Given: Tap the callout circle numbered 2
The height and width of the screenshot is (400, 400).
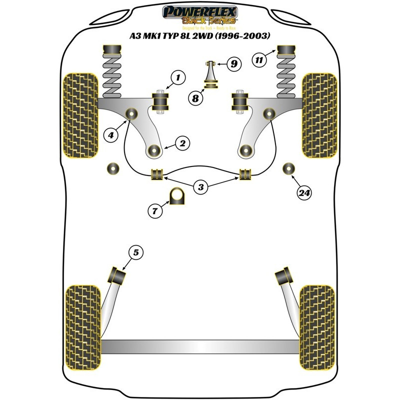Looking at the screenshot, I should (x=182, y=143).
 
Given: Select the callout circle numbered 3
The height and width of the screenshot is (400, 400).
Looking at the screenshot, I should (x=200, y=187).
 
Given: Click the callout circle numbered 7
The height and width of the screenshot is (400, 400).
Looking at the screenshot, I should (x=155, y=211).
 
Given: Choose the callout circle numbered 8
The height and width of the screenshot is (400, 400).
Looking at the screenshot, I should (x=196, y=98).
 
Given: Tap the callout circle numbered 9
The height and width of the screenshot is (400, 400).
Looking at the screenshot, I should (x=233, y=63).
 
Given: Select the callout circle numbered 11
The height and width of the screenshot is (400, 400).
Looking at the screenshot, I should (x=258, y=60).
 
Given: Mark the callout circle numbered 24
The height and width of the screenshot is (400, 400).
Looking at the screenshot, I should (x=303, y=193).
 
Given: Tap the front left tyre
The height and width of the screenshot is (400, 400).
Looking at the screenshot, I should (x=79, y=115).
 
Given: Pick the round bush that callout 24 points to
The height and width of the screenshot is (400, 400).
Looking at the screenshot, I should (x=288, y=168).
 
